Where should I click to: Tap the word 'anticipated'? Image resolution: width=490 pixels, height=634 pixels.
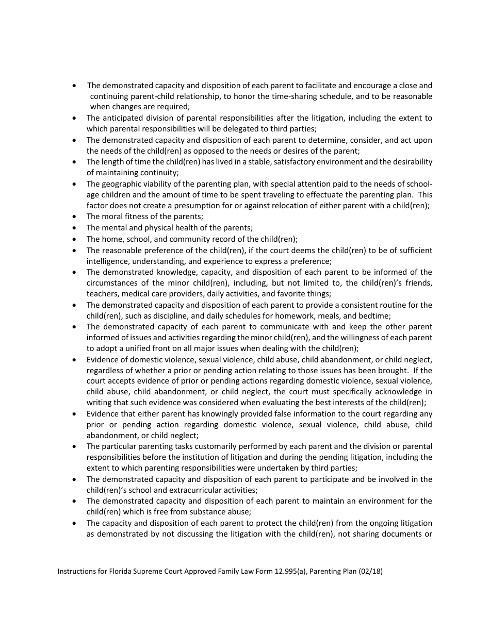(x=122, y=118)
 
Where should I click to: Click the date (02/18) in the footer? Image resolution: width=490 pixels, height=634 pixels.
(x=370, y=572)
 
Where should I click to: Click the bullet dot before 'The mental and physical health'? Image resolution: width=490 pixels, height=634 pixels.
(x=75, y=228)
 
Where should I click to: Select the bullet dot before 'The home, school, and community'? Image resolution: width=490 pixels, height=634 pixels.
(x=75, y=239)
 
